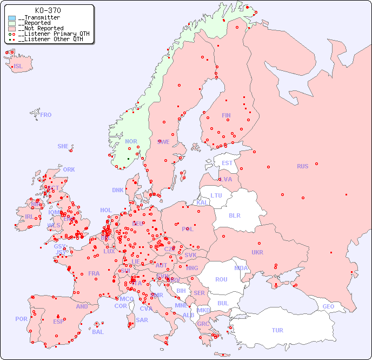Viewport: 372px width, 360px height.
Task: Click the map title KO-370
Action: click(x=48, y=10)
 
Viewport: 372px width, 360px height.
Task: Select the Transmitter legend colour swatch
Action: click(x=12, y=18)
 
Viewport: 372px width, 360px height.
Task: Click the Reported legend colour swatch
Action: click(x=12, y=23)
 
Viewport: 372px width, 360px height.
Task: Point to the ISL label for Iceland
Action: click(x=18, y=67)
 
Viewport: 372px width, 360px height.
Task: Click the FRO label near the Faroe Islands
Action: click(x=45, y=115)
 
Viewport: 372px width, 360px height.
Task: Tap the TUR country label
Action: click(x=277, y=330)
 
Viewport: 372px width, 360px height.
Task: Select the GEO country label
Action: click(x=328, y=306)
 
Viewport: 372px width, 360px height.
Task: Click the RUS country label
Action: click(x=302, y=166)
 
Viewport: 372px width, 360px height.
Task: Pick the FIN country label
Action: click(x=226, y=115)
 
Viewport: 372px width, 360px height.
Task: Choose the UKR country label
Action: click(x=257, y=252)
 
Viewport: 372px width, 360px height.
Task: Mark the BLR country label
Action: click(x=234, y=215)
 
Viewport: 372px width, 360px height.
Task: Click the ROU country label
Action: click(x=221, y=279)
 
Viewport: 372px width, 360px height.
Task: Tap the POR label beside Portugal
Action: click(x=21, y=319)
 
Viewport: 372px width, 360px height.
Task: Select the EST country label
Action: click(x=227, y=163)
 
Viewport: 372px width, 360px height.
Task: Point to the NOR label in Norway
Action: click(x=131, y=141)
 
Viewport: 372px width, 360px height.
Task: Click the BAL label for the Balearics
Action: click(x=98, y=332)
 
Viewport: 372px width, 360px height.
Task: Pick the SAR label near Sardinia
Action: click(x=142, y=320)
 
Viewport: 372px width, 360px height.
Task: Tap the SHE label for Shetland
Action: click(x=63, y=146)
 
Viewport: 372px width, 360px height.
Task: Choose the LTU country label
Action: click(x=216, y=195)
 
